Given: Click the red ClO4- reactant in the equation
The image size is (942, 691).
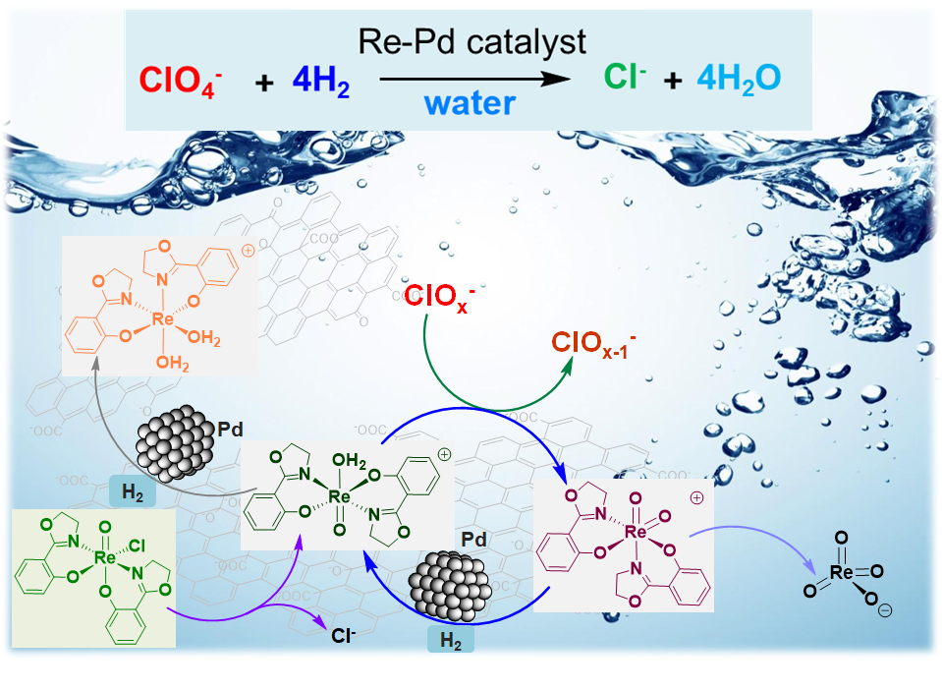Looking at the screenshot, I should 184,82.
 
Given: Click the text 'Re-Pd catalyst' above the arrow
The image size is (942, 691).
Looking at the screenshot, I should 472,41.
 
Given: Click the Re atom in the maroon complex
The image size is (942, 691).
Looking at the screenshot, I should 637,532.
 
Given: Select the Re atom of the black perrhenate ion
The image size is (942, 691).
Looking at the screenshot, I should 842,571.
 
